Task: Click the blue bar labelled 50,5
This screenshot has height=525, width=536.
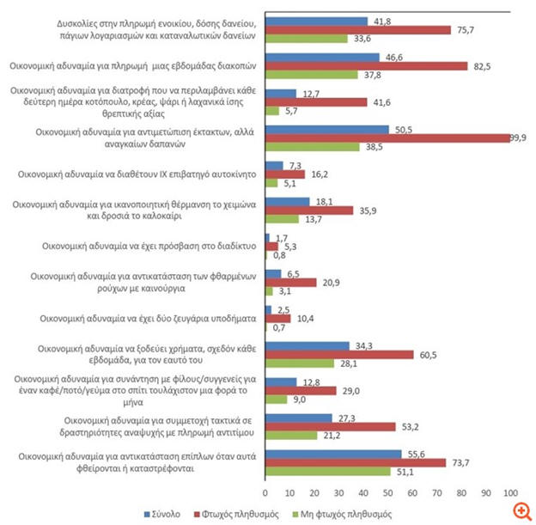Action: [x=326, y=129]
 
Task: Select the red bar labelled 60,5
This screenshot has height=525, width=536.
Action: [x=338, y=353]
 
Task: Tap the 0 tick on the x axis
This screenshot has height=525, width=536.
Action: [x=265, y=491]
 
